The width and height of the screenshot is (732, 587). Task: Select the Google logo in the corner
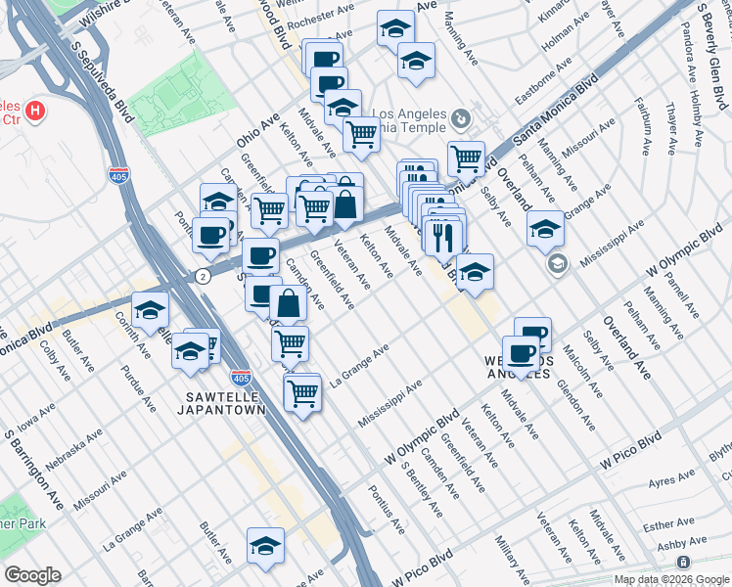point(32,575)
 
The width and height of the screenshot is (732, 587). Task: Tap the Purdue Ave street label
point(137,386)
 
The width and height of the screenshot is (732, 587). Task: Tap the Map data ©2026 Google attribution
point(670,579)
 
